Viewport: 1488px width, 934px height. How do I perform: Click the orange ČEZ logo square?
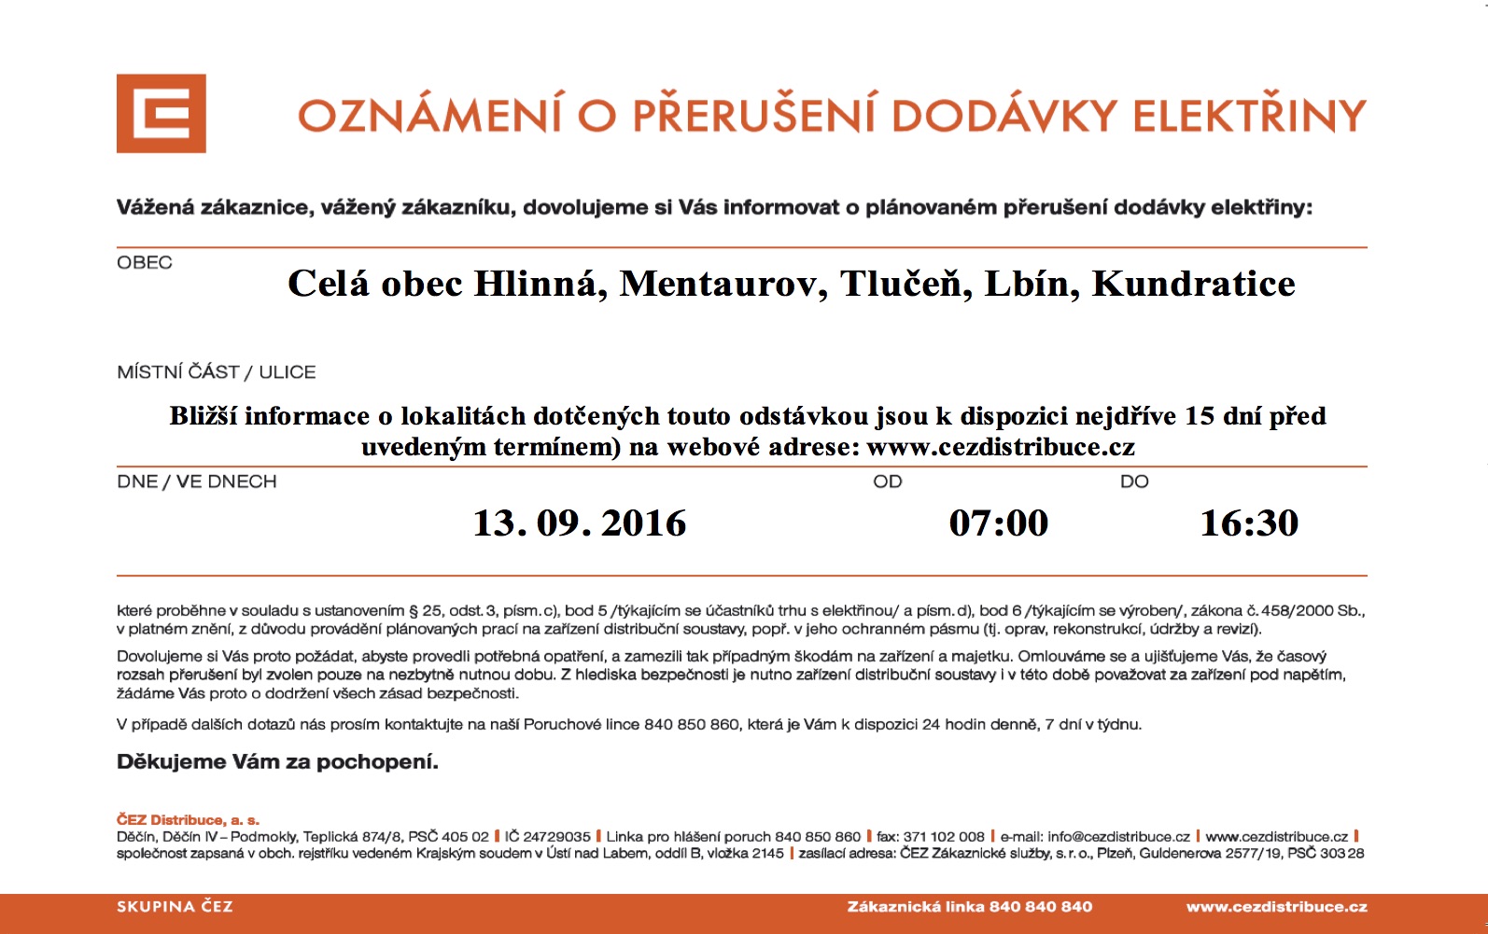(161, 114)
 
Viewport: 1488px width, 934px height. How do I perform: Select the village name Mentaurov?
(723, 284)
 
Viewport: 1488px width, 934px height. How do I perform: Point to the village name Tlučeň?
(901, 284)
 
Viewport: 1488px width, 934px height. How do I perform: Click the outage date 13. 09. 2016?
(579, 523)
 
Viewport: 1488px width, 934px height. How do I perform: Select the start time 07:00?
(999, 523)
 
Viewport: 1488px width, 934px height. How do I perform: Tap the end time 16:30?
(1249, 523)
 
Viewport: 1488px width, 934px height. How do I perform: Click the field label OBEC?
(145, 263)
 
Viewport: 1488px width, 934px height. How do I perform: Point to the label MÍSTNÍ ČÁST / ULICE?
(217, 372)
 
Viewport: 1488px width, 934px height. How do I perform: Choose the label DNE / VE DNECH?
(197, 482)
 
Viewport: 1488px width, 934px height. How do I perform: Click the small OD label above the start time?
(888, 482)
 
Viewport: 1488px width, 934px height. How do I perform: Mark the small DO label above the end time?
(1134, 482)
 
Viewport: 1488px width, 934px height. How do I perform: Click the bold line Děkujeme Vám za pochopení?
(277, 762)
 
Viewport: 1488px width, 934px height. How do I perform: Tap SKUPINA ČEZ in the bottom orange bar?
(175, 907)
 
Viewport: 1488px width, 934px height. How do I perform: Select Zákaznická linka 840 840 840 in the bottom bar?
(969, 907)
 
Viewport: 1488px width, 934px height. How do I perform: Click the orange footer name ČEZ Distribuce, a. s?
(188, 820)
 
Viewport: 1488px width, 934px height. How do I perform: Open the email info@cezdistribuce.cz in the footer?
(1118, 837)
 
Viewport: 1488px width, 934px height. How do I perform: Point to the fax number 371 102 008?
(944, 837)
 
